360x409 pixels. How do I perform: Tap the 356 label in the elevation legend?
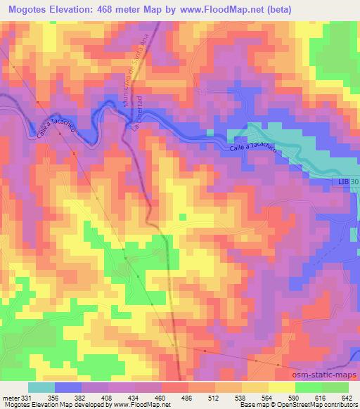51,397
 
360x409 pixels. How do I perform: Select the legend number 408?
105,397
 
